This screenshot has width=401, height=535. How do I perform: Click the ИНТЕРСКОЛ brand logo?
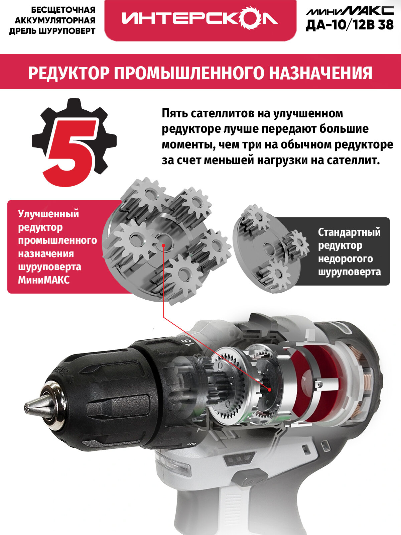pos(199,19)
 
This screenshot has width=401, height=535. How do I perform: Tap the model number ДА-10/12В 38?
pos(350,25)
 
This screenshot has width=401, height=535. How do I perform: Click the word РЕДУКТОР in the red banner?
pos(68,73)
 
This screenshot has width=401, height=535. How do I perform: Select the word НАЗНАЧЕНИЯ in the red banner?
pos(320,73)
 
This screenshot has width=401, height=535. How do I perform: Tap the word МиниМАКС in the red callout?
pos(44,280)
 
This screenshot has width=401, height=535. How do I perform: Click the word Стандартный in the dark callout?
pos(349,232)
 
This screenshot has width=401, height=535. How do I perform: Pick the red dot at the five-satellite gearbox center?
pos(163,245)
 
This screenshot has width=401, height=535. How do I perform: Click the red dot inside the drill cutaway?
pos(270,390)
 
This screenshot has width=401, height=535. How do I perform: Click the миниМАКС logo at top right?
pos(350,10)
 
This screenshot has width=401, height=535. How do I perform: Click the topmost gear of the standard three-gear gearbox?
pos(256,218)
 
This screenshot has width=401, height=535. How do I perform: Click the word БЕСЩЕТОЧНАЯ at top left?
pos(63,10)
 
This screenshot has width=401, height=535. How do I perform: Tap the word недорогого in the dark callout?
pos(345,259)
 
